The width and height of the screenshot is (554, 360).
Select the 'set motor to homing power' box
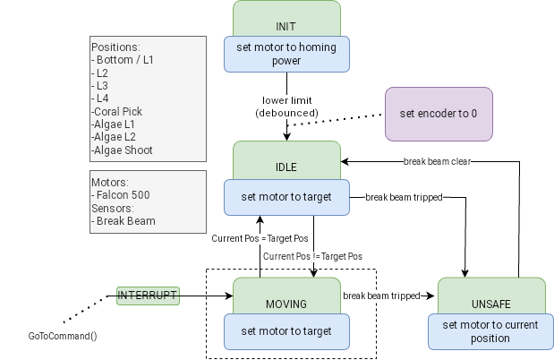tap(286, 55)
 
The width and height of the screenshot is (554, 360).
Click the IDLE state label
tap(286, 167)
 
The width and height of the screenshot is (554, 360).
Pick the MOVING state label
tap(286, 304)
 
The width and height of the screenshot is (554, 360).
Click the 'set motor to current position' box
tap(489, 331)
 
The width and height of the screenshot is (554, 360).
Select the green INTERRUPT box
tap(148, 295)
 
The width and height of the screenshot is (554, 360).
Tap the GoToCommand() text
tap(63, 337)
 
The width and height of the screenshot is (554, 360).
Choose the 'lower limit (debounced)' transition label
tap(286, 107)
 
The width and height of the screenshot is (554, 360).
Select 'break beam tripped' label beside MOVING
tap(381, 296)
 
